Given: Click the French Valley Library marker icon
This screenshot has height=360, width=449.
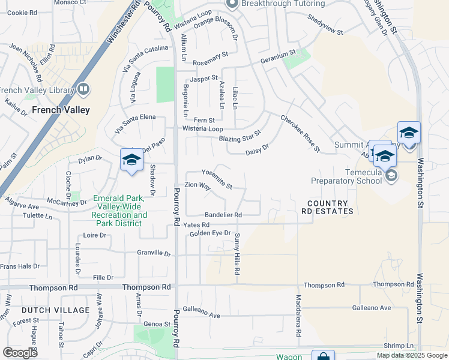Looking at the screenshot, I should tap(83, 90).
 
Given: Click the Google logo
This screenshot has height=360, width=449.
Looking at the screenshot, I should tap(20, 353).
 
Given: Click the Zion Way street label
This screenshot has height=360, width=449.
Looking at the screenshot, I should tap(197, 186).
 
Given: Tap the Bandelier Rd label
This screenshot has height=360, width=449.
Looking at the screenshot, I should tap(223, 214).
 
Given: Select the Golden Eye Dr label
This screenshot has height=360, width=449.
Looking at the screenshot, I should tap(210, 233).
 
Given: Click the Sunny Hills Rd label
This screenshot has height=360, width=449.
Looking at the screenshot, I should tap(237, 254).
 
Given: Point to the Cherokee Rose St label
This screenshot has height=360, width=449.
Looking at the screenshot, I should tap(300, 133).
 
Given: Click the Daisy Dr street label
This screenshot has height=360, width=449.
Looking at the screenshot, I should tap(257, 149).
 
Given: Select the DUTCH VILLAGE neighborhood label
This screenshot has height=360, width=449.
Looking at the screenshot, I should tap(55, 310).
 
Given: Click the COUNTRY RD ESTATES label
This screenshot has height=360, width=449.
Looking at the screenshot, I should tap(327, 207).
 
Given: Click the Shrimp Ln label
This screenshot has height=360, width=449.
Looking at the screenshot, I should tap(399, 346).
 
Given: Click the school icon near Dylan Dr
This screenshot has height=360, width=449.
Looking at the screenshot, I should tap(131, 160).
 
